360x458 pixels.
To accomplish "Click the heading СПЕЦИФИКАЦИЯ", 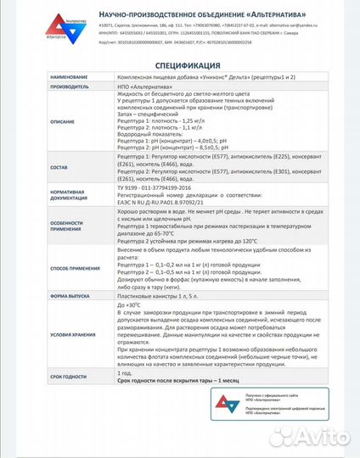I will [179, 64].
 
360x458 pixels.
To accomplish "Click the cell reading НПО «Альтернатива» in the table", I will [145, 87].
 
